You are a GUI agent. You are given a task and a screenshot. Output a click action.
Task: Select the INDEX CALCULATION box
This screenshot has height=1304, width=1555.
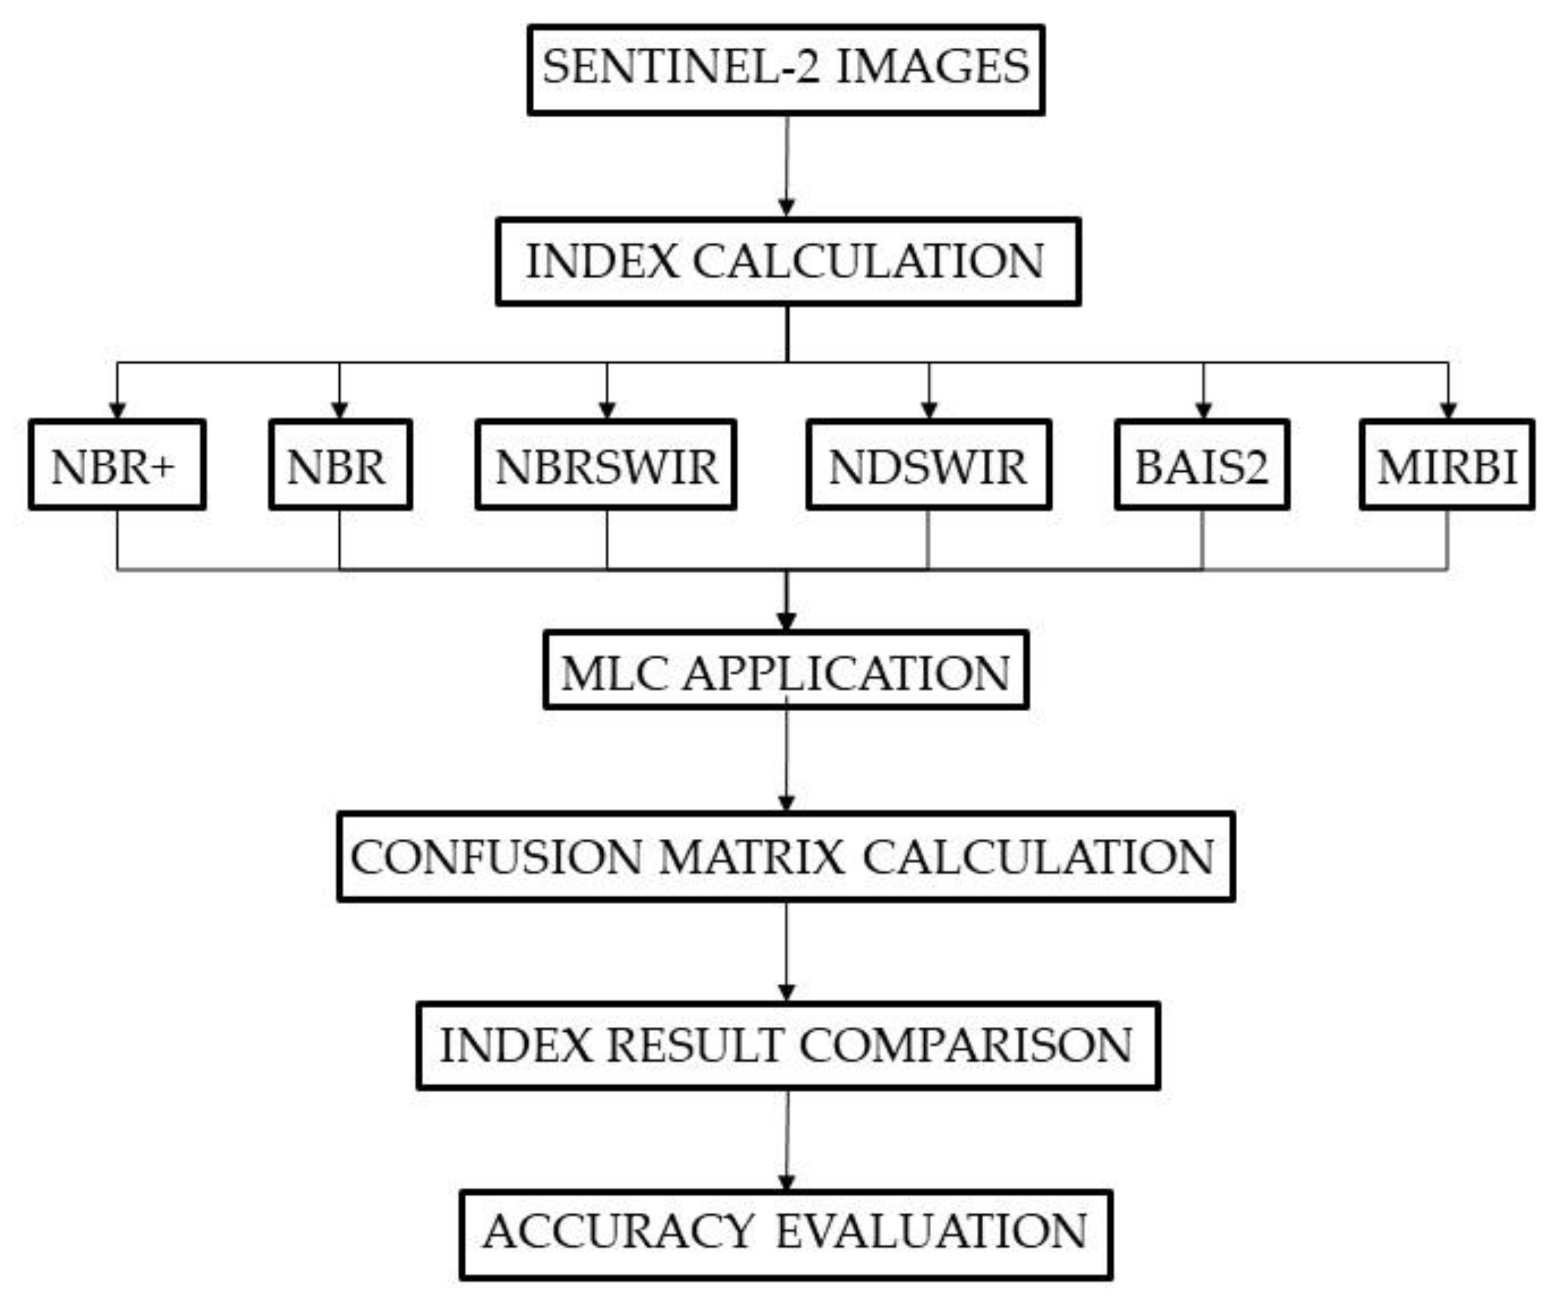tap(788, 262)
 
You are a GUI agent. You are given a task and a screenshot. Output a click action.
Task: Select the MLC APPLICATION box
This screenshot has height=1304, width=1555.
tap(786, 670)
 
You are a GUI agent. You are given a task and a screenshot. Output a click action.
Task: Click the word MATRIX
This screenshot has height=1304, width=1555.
tap(751, 858)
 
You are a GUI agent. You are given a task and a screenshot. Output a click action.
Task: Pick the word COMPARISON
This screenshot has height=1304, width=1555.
tap(966, 1046)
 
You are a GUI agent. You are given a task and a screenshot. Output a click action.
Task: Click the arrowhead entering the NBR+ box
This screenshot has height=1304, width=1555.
tap(117, 410)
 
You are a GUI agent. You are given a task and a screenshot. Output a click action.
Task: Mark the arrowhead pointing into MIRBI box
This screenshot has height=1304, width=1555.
tap(1448, 410)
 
